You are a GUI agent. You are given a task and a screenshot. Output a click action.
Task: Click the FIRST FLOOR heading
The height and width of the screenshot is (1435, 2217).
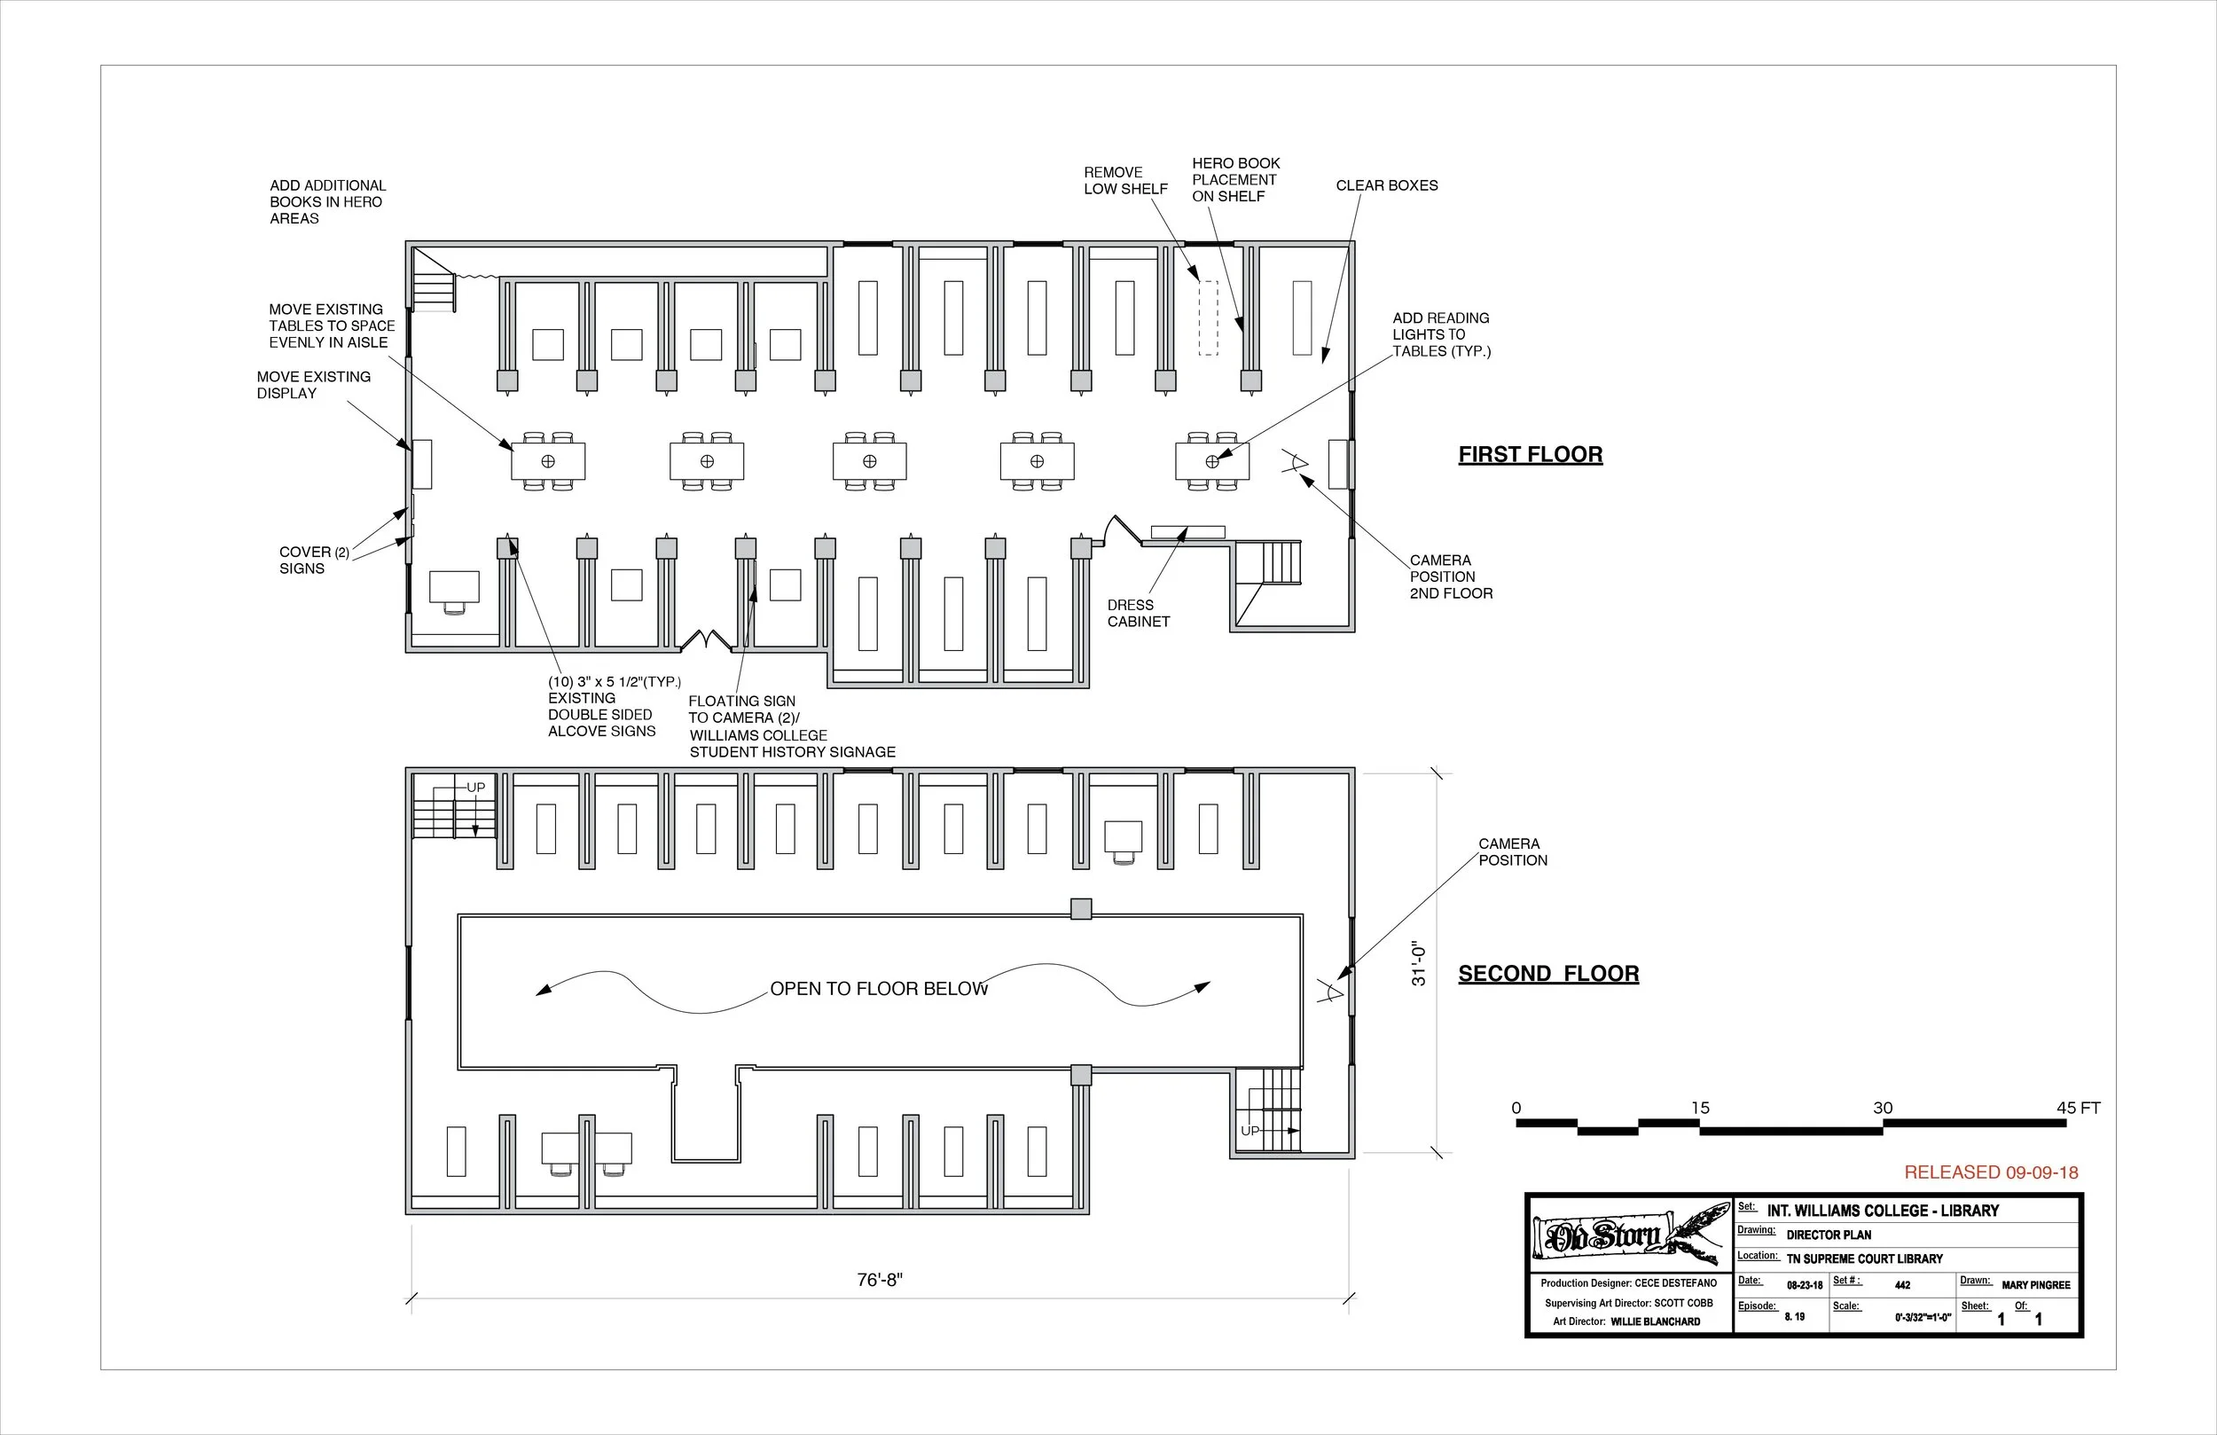pos(1530,455)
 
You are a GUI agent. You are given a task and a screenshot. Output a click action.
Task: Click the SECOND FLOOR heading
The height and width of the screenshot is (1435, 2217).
pos(1548,974)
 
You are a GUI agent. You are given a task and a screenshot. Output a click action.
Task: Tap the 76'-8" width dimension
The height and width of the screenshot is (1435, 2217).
pos(880,1281)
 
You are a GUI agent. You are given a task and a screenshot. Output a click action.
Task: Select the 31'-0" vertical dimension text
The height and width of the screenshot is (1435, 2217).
pos(1418,963)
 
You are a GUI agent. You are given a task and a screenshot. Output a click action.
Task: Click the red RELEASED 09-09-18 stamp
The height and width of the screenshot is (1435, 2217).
pos(1991,1172)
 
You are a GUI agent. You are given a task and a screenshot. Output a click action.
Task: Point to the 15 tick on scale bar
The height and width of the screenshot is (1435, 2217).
pos(1700,1108)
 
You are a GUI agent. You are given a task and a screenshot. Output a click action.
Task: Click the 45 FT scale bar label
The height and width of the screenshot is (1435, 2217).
pos(2077,1108)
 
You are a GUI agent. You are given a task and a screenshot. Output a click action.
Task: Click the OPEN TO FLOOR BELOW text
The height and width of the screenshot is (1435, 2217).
pos(879,989)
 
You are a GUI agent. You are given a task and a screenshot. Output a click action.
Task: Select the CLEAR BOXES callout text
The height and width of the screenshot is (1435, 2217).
pos(1386,185)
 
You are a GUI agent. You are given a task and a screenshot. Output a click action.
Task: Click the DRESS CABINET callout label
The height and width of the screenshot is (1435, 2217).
pos(1138,613)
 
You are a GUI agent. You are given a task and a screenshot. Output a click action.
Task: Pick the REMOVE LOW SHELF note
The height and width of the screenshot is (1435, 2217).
pos(1124,180)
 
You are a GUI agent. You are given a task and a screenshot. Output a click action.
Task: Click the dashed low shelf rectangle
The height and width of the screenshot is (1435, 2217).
pos(1207,318)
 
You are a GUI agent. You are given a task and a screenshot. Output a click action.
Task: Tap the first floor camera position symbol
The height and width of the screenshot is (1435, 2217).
pos(1296,462)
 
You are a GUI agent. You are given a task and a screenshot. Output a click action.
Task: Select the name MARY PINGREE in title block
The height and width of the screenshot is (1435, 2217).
pos(2035,1285)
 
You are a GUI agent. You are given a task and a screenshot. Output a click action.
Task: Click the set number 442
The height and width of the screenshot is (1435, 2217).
pos(1902,1285)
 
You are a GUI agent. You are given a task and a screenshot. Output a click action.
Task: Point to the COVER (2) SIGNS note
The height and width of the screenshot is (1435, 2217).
pos(313,560)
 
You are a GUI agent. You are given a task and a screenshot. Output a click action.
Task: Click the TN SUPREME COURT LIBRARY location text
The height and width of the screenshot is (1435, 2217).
pos(1864,1259)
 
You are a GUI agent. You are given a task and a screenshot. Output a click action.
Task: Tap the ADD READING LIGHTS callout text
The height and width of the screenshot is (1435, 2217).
pos(1440,334)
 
